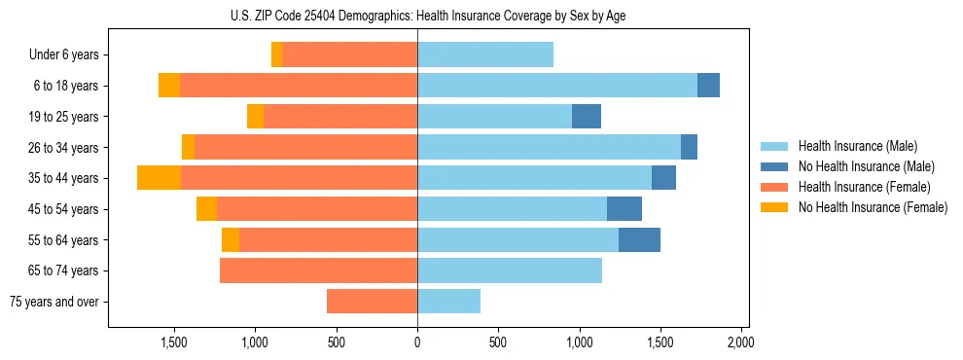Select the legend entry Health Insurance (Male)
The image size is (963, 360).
tap(857, 146)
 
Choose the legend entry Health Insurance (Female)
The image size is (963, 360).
tap(863, 187)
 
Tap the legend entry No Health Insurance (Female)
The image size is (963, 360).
tap(872, 207)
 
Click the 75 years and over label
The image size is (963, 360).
tap(54, 302)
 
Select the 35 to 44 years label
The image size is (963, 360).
tap(63, 178)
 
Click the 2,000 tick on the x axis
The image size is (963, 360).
tap(741, 342)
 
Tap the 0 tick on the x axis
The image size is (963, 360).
tap(417, 342)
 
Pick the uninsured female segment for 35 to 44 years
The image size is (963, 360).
tap(159, 178)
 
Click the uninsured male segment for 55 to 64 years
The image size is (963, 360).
tap(639, 239)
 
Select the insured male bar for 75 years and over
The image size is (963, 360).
tap(448, 302)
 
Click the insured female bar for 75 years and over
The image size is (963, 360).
tap(372, 302)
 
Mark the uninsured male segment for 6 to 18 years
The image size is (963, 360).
tap(708, 86)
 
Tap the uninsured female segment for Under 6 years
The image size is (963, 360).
tap(277, 55)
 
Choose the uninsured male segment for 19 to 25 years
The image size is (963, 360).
tap(587, 117)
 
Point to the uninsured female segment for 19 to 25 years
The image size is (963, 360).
tap(255, 117)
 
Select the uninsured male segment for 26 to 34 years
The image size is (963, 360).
tap(689, 147)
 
